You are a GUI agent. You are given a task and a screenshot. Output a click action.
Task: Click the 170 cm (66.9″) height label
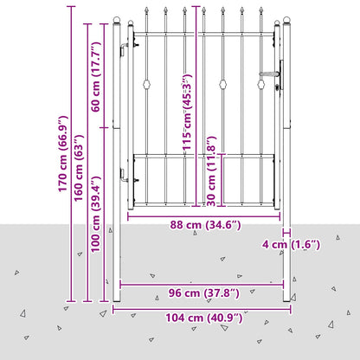pos(63,154)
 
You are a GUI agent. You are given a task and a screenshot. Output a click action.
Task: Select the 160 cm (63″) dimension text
pos(79,168)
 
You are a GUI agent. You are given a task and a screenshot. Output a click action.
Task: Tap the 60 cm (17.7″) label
pos(96,77)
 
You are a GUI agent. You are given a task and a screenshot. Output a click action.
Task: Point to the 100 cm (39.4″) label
pos(96,215)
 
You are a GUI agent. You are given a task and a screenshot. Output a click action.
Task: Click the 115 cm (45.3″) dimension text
pos(187,112)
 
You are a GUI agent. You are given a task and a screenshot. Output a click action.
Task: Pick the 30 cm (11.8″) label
pos(211,171)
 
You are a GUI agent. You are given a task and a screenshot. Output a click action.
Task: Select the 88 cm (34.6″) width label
pos(205,225)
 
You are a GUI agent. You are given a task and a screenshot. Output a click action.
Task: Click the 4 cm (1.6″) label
pos(291,245)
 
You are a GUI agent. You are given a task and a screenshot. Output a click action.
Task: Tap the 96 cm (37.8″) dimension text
pos(204,293)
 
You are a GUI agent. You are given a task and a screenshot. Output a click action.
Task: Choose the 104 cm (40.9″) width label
pos(204,318)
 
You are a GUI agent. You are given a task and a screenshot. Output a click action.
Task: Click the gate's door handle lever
pos(270,74)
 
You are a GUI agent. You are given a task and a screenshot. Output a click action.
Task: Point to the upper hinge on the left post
pos(125,49)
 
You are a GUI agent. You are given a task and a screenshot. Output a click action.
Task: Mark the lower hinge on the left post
pos(125,175)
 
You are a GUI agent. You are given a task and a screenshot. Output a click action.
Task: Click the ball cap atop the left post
pos(117,20)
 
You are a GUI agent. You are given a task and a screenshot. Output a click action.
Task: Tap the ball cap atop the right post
pos(286,20)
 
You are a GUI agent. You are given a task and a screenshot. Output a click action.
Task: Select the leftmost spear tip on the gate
pos(146,10)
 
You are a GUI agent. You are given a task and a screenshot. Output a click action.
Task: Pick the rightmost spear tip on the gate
pos(261,10)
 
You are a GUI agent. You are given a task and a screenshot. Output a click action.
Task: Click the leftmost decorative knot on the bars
pos(147,85)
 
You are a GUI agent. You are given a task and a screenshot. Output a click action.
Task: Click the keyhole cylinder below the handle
pos(278,87)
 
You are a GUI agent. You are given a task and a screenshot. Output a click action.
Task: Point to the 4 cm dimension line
pos(286,232)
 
